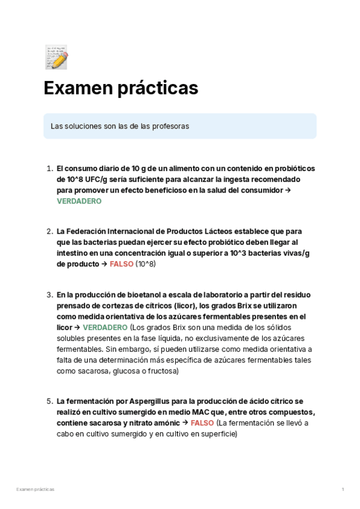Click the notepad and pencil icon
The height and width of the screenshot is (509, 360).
pos(56,56)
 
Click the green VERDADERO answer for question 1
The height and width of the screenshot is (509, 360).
pos(79,202)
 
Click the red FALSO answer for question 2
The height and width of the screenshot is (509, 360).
pos(121,264)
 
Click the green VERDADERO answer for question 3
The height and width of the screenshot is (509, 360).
pos(105,327)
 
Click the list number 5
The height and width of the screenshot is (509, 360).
pos(49,400)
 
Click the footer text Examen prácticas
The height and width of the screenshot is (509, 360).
pos(35,490)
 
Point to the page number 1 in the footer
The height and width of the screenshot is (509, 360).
pos(343,490)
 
